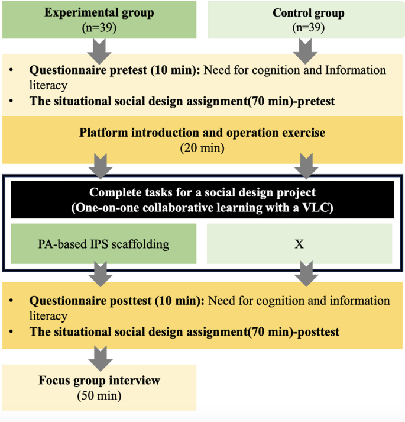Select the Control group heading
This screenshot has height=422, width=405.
(301, 13)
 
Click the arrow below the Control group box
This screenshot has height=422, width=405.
(301, 50)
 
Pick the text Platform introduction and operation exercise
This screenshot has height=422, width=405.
(202, 133)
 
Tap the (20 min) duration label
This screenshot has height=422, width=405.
(202, 147)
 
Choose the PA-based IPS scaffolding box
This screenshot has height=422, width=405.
(103, 244)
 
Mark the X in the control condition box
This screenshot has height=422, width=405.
(299, 244)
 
